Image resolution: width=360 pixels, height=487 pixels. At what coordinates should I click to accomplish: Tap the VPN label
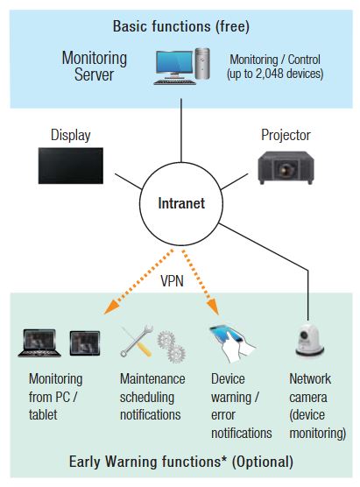point(172,281)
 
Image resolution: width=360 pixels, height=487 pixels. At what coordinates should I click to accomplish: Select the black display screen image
point(70,166)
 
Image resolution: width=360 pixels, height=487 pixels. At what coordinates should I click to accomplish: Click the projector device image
point(286,167)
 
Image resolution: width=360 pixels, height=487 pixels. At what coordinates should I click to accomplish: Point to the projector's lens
point(285,169)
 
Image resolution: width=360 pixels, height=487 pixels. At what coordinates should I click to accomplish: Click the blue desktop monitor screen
point(174,62)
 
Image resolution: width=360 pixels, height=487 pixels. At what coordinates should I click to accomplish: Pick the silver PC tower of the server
point(202,64)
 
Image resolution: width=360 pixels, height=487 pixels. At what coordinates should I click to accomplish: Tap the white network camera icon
point(309,341)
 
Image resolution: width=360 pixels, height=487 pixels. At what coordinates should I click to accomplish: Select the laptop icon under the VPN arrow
point(39,342)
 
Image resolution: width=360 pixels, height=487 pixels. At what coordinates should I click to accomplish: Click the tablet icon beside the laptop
point(85,342)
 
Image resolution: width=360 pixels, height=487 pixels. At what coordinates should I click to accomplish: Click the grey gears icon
point(171,347)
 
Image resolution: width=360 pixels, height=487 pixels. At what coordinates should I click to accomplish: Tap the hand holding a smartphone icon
point(231,342)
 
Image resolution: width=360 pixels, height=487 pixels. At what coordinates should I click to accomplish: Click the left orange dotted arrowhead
point(111,307)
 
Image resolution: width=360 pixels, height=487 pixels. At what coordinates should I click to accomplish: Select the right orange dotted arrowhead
point(214,307)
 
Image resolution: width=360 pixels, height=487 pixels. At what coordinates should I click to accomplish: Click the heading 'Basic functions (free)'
point(180,26)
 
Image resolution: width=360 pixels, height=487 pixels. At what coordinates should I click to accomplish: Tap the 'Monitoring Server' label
point(94,67)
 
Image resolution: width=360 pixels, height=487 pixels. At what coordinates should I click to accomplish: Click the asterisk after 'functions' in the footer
point(224,459)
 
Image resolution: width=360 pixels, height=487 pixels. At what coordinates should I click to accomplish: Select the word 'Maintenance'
point(152,379)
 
